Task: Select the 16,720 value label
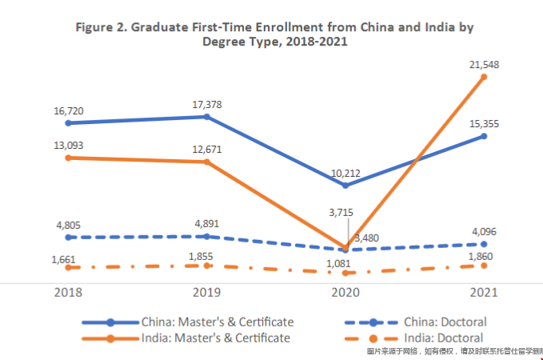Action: (x=69, y=106)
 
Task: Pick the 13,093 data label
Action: (x=69, y=145)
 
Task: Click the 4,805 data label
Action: (x=69, y=225)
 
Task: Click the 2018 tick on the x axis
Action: (x=69, y=293)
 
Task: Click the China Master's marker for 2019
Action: (x=207, y=117)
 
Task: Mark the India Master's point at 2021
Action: (x=484, y=78)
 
